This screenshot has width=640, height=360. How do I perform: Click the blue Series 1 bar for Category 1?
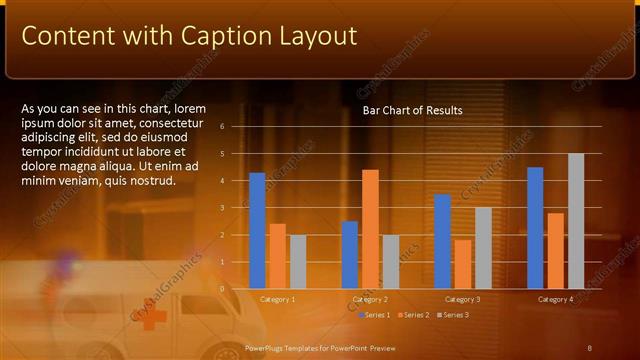coord(257,230)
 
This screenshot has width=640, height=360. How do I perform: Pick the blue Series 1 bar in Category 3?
coord(443,241)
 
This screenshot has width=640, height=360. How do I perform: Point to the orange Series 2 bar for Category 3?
coord(463,263)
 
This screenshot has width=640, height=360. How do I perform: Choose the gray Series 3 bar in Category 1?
coord(297,261)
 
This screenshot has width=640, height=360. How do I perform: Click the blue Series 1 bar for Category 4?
coord(535,227)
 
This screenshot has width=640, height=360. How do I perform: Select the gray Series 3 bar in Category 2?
coord(390,261)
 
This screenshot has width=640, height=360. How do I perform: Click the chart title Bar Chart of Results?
coord(412,110)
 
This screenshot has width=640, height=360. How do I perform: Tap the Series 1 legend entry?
coord(374,316)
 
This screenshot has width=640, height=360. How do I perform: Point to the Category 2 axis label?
coord(370,299)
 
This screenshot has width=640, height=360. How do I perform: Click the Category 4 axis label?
coord(555,299)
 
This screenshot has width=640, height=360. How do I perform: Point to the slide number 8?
coord(590,347)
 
